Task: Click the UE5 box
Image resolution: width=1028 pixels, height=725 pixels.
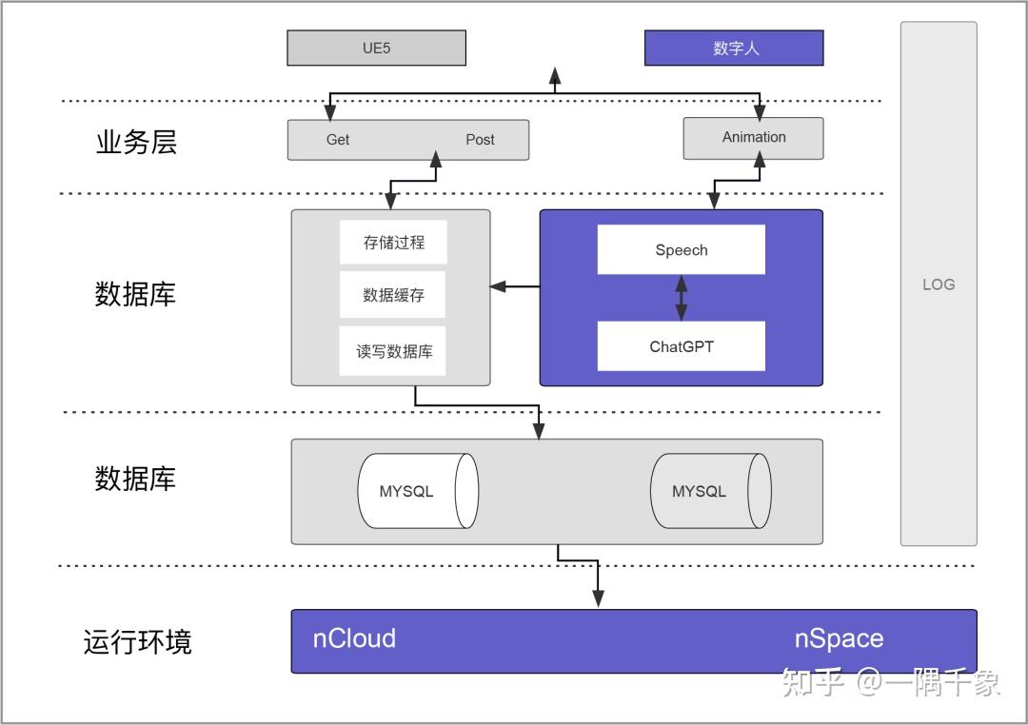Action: point(376,48)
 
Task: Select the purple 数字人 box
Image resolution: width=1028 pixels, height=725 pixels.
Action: point(734,48)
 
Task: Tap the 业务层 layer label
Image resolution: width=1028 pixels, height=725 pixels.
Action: point(136,142)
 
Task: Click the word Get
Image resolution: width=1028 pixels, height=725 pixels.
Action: point(338,140)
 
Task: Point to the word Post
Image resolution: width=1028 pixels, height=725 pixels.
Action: point(480,140)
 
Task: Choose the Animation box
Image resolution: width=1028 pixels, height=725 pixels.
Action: point(753,138)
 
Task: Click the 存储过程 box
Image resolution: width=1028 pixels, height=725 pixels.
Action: point(393,243)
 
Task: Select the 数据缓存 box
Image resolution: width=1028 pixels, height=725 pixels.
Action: point(393,296)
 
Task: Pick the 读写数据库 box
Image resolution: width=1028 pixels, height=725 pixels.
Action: point(393,351)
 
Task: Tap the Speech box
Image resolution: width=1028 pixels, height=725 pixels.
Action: point(681,250)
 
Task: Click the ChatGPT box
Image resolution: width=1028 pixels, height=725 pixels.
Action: point(681,346)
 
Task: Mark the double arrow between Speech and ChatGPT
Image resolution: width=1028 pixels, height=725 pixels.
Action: point(681,298)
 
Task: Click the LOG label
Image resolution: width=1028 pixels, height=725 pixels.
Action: point(938,284)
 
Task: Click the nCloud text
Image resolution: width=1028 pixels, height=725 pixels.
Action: point(354,638)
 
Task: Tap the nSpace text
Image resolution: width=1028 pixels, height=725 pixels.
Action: point(839,639)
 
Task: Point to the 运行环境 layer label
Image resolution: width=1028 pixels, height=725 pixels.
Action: point(137,641)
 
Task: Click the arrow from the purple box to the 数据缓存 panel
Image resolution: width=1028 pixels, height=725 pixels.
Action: point(515,285)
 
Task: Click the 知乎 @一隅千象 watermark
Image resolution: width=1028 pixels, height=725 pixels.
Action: point(890,682)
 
